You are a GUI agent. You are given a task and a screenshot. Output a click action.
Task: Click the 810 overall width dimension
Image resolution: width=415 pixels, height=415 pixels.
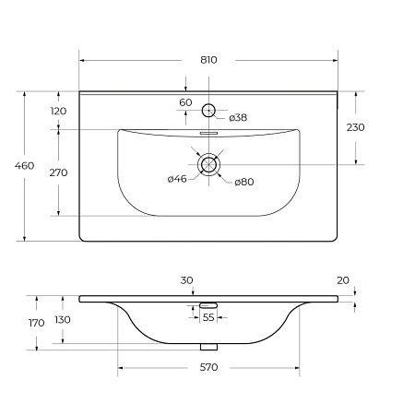208,60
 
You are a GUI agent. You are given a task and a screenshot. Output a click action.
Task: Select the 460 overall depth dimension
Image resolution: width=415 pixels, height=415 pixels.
24,166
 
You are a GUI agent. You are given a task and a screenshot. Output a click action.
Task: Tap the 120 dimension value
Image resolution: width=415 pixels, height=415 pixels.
58,111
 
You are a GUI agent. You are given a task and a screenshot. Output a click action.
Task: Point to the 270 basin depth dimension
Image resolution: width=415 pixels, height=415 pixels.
58,172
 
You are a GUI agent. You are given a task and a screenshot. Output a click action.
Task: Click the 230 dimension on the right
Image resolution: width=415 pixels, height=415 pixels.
356,127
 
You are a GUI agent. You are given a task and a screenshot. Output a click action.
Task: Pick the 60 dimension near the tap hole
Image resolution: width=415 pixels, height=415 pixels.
185,102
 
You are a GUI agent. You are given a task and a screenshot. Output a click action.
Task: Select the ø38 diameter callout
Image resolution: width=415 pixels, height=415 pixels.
238,117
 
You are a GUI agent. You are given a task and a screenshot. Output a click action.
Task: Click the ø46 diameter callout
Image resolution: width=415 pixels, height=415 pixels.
177,179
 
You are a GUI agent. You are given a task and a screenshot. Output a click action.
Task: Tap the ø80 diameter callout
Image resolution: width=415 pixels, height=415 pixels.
244,182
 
